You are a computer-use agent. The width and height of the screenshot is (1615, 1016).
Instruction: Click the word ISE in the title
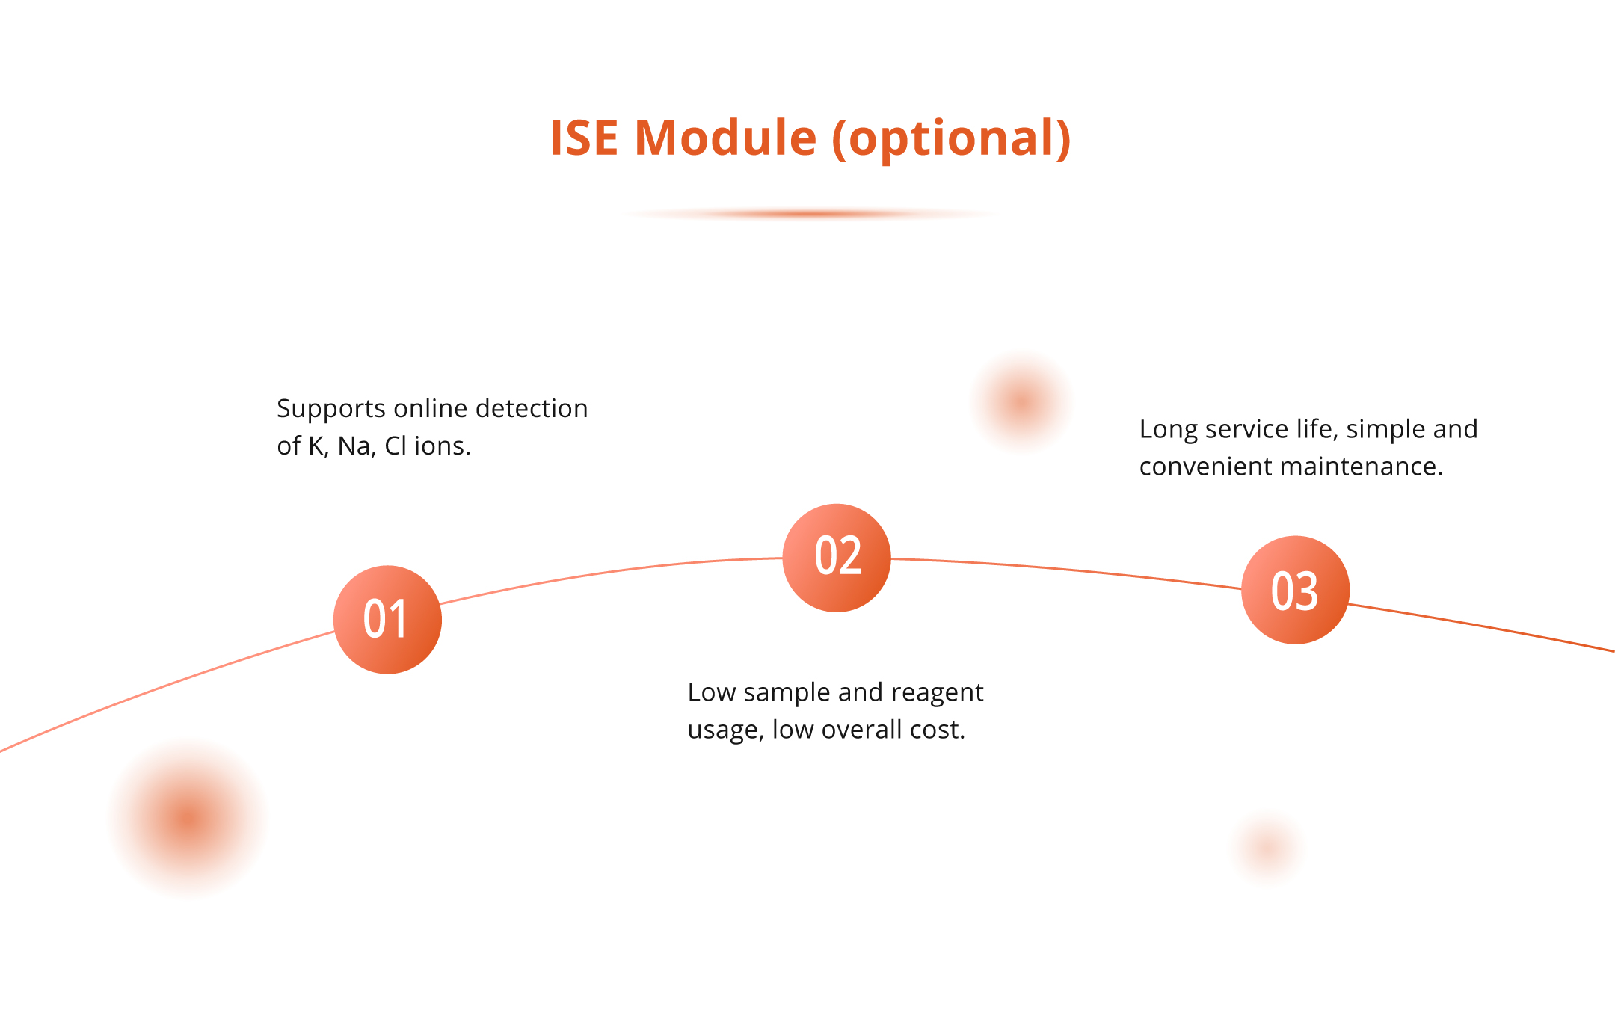tap(584, 138)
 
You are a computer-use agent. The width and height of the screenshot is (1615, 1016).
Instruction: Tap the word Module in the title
tap(725, 138)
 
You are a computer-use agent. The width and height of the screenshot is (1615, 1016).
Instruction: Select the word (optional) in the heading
tap(951, 140)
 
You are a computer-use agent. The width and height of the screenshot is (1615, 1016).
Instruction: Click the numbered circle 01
tap(387, 620)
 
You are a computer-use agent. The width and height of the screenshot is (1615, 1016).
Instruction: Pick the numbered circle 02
tap(837, 558)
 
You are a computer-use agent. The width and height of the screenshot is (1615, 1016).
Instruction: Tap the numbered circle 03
tap(1295, 590)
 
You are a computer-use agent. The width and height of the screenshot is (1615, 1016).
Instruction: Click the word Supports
tap(331, 410)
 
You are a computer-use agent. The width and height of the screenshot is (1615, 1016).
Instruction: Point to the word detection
tap(532, 408)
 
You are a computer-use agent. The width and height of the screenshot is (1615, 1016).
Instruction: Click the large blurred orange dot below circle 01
tap(188, 819)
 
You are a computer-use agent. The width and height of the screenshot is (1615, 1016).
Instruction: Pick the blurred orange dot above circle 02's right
tap(1021, 402)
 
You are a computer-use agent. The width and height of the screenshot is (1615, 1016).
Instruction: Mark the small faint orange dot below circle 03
tap(1267, 849)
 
